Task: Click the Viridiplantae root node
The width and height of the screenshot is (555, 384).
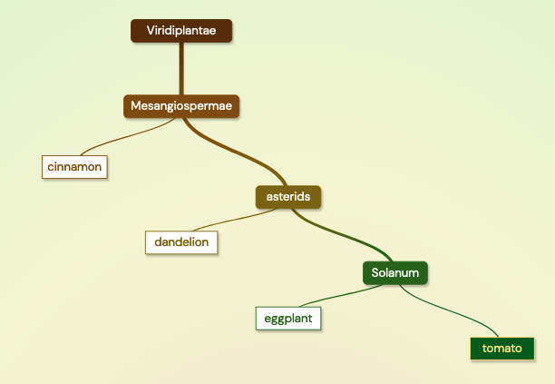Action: pyautogui.click(x=181, y=31)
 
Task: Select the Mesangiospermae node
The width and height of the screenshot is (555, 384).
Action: pyautogui.click(x=181, y=106)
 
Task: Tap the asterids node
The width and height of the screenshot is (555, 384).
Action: pyautogui.click(x=288, y=197)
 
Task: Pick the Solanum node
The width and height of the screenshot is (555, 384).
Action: pyautogui.click(x=395, y=272)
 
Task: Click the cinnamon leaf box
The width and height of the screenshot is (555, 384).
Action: pyautogui.click(x=74, y=167)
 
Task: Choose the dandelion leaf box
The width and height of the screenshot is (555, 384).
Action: pyautogui.click(x=181, y=242)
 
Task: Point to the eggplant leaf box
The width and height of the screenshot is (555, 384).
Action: pyautogui.click(x=288, y=319)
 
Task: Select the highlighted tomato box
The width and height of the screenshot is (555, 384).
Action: pyautogui.click(x=502, y=349)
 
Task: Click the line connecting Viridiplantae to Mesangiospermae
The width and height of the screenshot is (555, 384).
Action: pyautogui.click(x=181, y=69)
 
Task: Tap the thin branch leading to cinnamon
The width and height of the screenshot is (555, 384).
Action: pyautogui.click(x=128, y=137)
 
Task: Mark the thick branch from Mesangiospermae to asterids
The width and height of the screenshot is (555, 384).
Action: pyautogui.click(x=235, y=153)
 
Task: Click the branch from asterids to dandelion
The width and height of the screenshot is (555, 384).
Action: pyautogui.click(x=235, y=220)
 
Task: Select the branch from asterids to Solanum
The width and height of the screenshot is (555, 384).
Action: pyautogui.click(x=342, y=235)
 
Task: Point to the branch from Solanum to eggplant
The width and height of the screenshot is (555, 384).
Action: pyautogui.click(x=342, y=295)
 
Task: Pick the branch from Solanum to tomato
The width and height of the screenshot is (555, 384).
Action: pyautogui.click(x=449, y=311)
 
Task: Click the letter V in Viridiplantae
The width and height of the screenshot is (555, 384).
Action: pyautogui.click(x=151, y=31)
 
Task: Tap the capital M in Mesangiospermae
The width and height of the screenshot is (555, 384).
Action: pyautogui.click(x=135, y=105)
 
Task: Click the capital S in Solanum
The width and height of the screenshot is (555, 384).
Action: pyautogui.click(x=375, y=272)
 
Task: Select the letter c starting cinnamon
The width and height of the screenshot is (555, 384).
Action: pyautogui.click(x=50, y=167)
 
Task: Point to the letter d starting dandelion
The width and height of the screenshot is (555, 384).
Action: pyautogui.click(x=158, y=242)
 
